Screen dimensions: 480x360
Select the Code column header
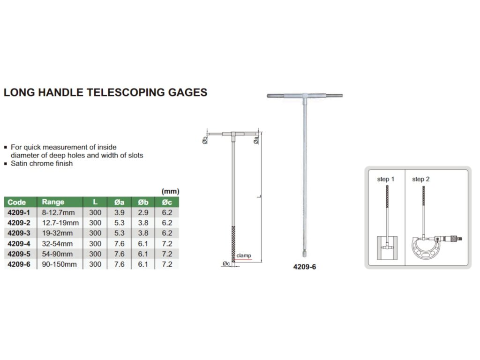click(16, 202)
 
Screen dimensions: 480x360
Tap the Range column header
click(53, 202)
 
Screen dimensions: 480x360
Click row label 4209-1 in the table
click(18, 213)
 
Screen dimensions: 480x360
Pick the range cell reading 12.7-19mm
click(60, 223)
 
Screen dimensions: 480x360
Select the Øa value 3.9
click(119, 213)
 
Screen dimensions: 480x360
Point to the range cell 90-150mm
click(59, 264)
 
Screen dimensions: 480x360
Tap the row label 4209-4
click(18, 244)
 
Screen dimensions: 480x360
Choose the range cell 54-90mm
click(57, 254)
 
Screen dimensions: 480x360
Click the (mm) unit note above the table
click(170, 191)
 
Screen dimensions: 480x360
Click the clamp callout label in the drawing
click(244, 256)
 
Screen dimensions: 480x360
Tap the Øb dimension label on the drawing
click(205, 140)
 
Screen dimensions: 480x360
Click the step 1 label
click(386, 179)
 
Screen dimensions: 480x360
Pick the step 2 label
click(420, 179)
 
